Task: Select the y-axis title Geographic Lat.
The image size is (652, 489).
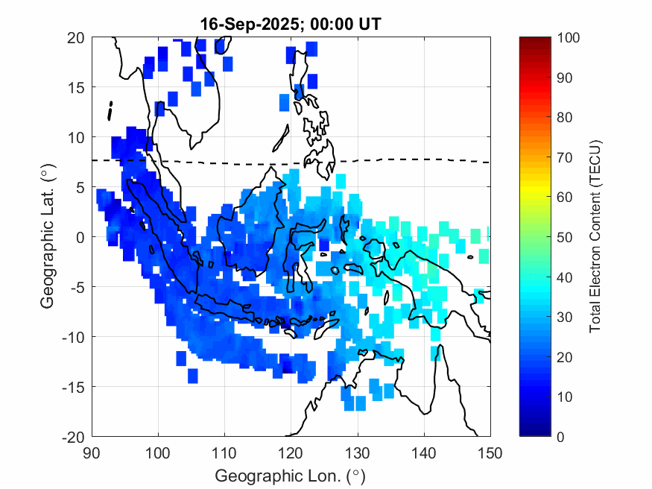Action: tap(47, 237)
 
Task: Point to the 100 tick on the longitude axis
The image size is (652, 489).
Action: tap(159, 451)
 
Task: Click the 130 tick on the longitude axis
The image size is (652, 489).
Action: tap(358, 451)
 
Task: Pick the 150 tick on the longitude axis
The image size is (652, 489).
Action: tap(490, 451)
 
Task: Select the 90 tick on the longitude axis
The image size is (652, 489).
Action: tap(92, 451)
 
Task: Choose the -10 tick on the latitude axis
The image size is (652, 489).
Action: tap(75, 336)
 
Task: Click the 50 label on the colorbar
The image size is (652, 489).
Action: tap(565, 237)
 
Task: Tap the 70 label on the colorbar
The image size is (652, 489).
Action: tap(565, 157)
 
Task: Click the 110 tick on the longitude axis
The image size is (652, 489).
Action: tap(225, 451)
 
